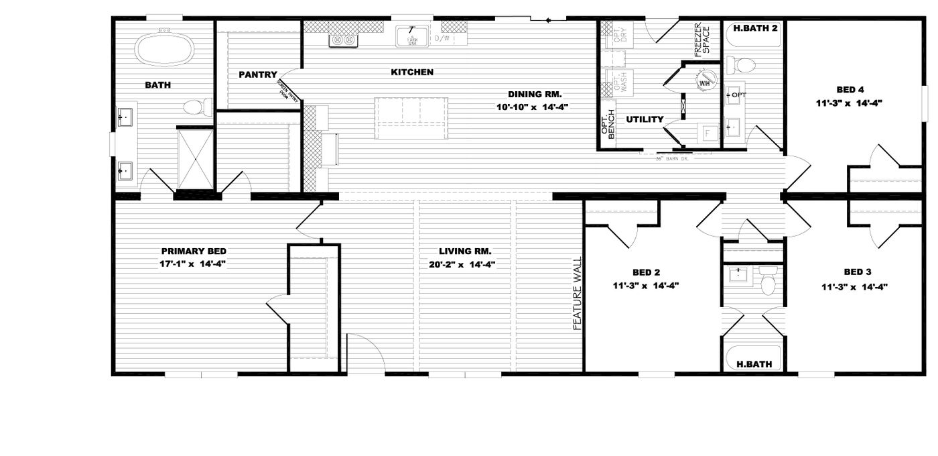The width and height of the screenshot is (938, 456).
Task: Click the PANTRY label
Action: pyautogui.click(x=258, y=74)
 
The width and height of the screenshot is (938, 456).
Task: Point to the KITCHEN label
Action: pyautogui.click(x=412, y=72)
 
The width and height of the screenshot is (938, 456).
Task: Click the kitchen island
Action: pyautogui.click(x=411, y=118)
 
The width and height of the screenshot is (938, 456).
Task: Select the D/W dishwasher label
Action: pyautogui.click(x=442, y=39)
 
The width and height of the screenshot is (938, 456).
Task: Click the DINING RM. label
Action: pyautogui.click(x=534, y=94)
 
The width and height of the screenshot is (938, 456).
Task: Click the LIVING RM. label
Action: pyautogui.click(x=462, y=251)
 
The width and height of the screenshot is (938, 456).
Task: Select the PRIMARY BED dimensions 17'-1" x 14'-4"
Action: pyautogui.click(x=192, y=264)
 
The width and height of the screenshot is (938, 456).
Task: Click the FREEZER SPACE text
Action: pyautogui.click(x=701, y=41)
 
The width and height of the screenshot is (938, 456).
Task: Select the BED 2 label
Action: pyautogui.click(x=646, y=272)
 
